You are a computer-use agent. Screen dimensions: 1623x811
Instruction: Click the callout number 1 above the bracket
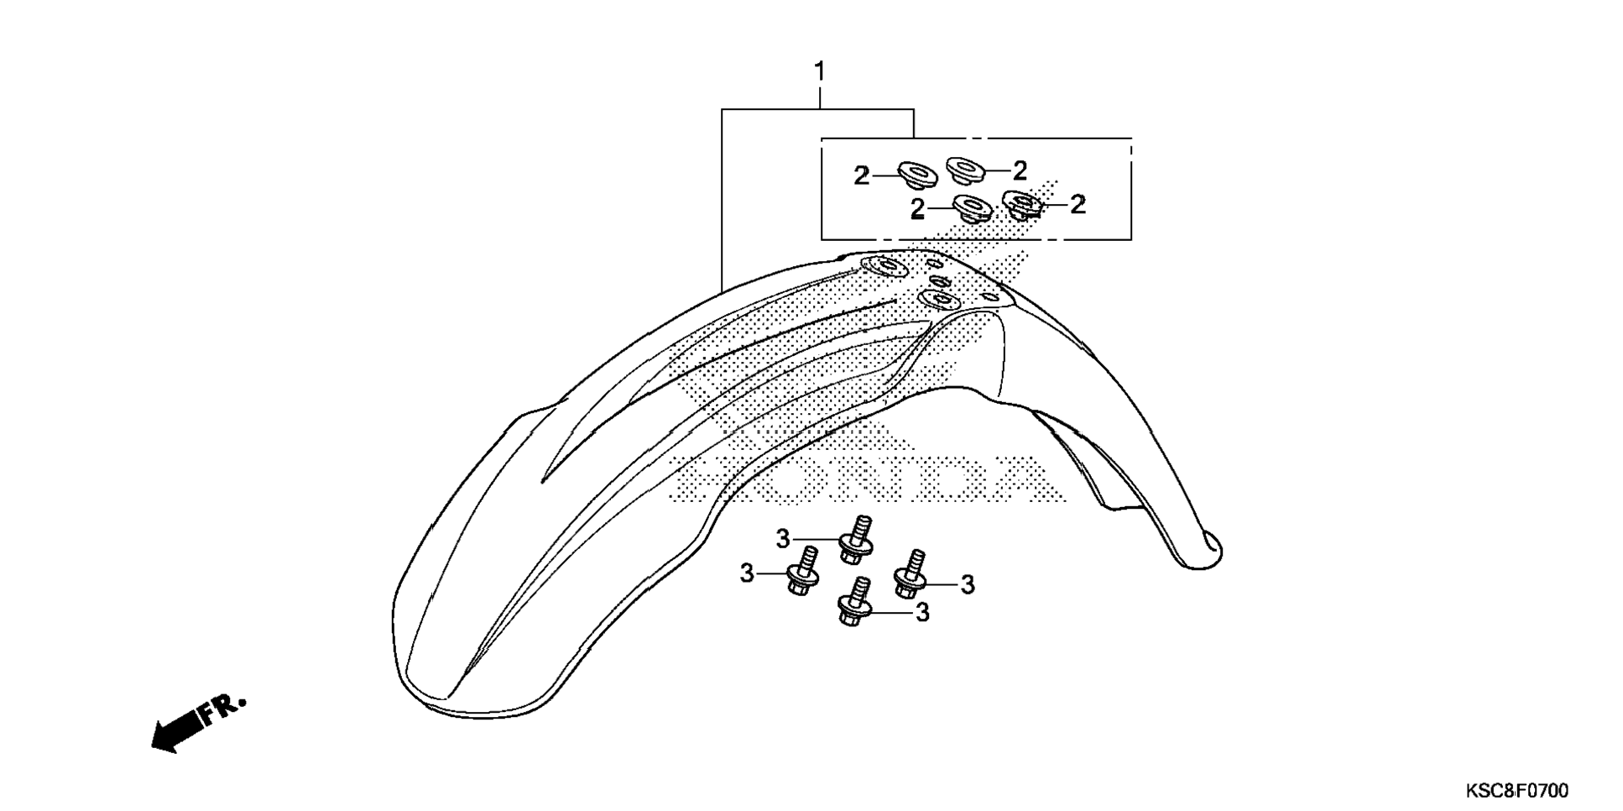pos(820,72)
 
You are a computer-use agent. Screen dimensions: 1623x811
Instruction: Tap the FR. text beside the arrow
pos(224,709)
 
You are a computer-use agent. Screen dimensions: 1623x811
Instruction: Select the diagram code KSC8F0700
pos(1516,791)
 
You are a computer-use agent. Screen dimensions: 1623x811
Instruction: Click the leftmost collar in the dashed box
pos(918,175)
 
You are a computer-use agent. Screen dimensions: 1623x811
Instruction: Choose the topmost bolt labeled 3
pos(856,540)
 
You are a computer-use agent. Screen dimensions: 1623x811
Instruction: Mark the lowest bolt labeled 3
pos(854,602)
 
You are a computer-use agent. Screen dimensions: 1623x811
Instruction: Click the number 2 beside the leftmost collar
pos(862,176)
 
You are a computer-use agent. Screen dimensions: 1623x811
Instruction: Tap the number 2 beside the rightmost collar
pos(1078,204)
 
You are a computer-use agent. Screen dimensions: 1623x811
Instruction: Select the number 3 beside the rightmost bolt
pos(968,585)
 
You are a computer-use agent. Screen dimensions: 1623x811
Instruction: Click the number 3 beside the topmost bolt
pos(783,539)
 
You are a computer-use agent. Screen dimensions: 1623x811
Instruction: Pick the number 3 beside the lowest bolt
pos(922,613)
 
